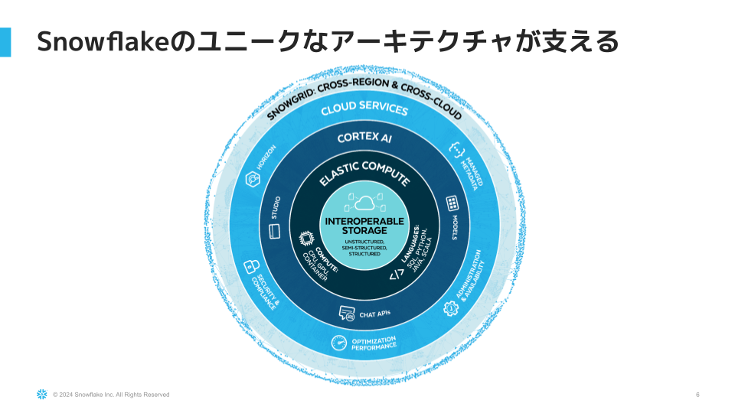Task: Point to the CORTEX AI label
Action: click(x=364, y=138)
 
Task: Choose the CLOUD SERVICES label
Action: click(x=364, y=109)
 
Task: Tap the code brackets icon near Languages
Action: click(x=397, y=275)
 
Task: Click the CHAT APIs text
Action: click(x=375, y=314)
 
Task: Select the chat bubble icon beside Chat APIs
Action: click(x=348, y=313)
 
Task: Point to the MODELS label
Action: click(x=454, y=228)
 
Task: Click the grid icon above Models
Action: click(x=453, y=203)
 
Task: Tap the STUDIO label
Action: click(x=276, y=207)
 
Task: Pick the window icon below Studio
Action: click(x=275, y=230)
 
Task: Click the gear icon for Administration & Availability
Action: click(x=451, y=307)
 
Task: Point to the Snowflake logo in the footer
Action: click(x=42, y=395)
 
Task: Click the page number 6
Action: click(x=697, y=395)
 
